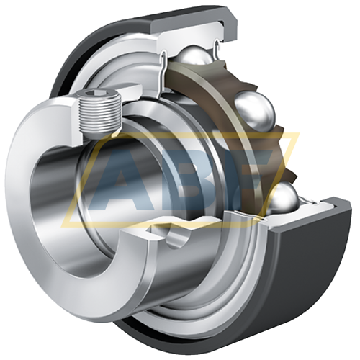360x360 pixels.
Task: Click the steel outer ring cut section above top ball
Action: (x=193, y=32)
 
